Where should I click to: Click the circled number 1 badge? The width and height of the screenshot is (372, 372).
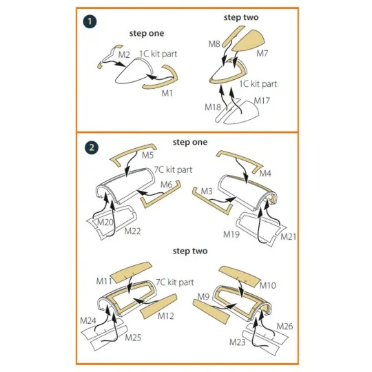(90, 21)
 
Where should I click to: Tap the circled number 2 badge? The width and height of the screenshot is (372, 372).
(92, 148)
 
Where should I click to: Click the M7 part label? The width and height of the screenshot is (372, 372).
(262, 53)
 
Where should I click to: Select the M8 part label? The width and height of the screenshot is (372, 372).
(214, 44)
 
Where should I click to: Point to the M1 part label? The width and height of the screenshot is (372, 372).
(167, 93)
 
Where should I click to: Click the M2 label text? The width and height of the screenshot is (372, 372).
(124, 55)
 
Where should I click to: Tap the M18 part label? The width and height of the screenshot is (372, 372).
(213, 107)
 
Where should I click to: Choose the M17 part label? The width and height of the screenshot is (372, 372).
(262, 101)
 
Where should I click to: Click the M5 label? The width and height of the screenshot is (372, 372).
(148, 155)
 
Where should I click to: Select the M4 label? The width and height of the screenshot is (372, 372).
(265, 174)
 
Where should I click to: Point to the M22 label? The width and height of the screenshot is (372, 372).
(132, 231)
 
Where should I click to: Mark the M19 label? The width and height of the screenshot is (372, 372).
(231, 234)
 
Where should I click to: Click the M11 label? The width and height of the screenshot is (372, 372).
(104, 281)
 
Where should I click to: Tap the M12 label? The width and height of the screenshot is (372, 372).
(166, 316)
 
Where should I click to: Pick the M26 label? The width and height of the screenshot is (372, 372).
(285, 327)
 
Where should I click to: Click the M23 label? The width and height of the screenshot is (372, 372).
(237, 342)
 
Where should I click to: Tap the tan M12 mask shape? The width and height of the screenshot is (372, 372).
(159, 306)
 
